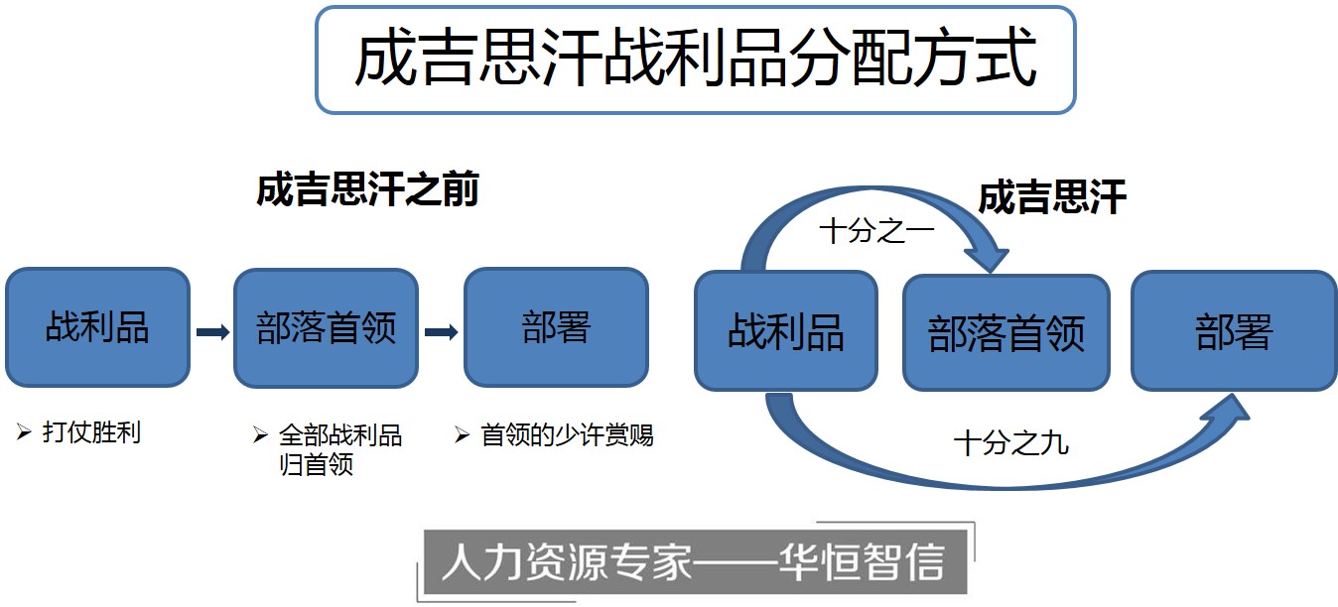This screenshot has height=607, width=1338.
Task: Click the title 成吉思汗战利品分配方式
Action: (695, 59)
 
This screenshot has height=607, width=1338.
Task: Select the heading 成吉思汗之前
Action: (367, 189)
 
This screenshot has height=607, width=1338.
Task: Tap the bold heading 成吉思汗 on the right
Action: (1052, 197)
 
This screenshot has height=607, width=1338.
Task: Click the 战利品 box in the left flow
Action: (97, 327)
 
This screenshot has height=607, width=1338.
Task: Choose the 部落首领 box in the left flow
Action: (326, 327)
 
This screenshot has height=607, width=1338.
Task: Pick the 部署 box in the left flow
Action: (556, 327)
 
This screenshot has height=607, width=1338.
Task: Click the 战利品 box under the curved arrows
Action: (785, 331)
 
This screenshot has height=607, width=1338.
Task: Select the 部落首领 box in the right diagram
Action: (1005, 333)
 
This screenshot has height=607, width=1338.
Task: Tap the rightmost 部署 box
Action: (1234, 331)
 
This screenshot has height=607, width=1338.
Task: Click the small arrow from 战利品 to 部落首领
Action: (212, 332)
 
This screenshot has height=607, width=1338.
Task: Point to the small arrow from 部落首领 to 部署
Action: (442, 332)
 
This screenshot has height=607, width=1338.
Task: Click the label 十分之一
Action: (876, 231)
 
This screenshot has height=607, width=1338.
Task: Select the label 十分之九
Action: (1010, 443)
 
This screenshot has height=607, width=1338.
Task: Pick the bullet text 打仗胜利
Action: (91, 432)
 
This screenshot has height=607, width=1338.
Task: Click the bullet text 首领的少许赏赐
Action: (567, 435)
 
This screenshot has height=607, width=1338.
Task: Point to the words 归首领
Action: (316, 464)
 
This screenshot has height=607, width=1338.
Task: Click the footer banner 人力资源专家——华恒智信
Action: (695, 562)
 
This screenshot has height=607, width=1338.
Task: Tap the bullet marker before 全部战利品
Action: (260, 435)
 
